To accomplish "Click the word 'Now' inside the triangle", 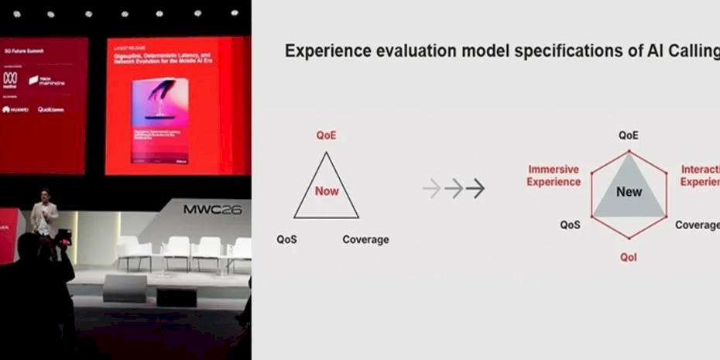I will pyautogui.click(x=327, y=190).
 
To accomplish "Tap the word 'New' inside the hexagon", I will pyautogui.click(x=629, y=191).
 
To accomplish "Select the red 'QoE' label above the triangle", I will pyautogui.click(x=326, y=135).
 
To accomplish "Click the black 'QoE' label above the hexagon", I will pyautogui.click(x=629, y=135).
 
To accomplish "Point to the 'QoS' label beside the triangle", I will pyautogui.click(x=286, y=239).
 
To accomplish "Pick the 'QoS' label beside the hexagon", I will pyautogui.click(x=571, y=225).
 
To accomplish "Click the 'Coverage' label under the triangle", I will pyautogui.click(x=365, y=239).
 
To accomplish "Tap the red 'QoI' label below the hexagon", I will pyautogui.click(x=629, y=257).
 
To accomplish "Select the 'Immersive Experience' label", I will pyautogui.click(x=554, y=176).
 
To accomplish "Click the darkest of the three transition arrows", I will pyautogui.click(x=475, y=187).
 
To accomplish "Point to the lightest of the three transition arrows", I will pyautogui.click(x=431, y=187).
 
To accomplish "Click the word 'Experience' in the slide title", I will pyautogui.click(x=330, y=51).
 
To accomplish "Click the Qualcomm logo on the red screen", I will pyautogui.click(x=51, y=110).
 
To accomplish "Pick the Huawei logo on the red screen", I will pyautogui.click(x=16, y=110).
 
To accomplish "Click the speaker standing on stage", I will pyautogui.click(x=45, y=218).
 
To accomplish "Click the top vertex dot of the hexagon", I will pyautogui.click(x=629, y=149).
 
